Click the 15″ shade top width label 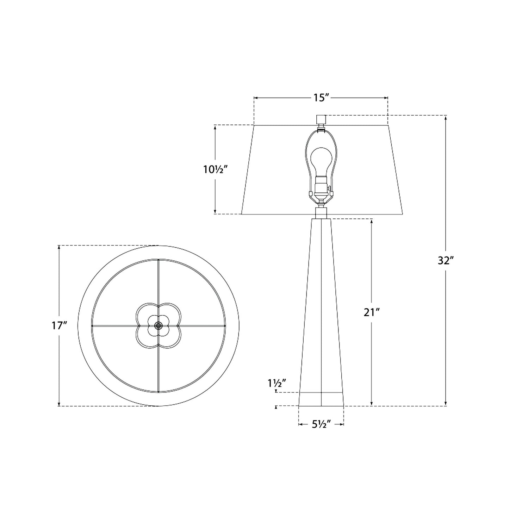pos(321,98)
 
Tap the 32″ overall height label pos(445,261)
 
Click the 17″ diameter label pos(59,326)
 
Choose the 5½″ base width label pos(321,424)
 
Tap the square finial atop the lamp pos(321,119)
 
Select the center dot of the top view pos(158,325)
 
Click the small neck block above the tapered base pos(321,213)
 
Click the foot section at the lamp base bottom pos(321,399)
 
